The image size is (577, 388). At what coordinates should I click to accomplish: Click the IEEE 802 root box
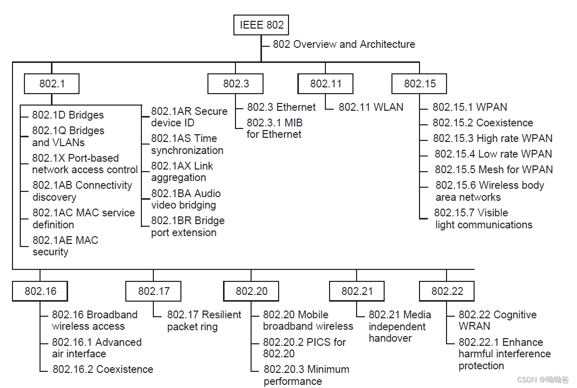coord(261,25)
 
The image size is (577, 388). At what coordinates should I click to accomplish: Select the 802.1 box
coord(52,84)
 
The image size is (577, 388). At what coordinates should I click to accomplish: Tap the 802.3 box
coord(235,84)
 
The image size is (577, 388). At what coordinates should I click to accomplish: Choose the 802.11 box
coord(326,84)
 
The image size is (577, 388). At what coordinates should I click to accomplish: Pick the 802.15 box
coord(419,84)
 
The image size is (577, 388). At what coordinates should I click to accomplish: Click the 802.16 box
coord(41,291)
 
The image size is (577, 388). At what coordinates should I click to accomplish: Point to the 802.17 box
coord(154,291)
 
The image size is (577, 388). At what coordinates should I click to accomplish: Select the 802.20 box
coord(252,291)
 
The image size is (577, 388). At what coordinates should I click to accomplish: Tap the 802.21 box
coord(357,291)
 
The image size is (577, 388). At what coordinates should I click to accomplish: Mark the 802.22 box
coord(447,291)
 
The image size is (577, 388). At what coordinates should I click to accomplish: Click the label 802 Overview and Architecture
coord(344,45)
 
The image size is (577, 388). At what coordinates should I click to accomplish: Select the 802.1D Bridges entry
coord(68,115)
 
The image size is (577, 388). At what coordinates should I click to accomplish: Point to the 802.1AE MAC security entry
coord(65,246)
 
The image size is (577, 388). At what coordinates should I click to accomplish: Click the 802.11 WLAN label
coord(371,107)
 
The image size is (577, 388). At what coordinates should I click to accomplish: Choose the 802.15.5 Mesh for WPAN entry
coord(494,170)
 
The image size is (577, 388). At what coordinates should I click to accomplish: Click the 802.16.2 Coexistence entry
coord(103,369)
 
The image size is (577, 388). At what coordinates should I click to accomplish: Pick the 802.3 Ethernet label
coord(281,107)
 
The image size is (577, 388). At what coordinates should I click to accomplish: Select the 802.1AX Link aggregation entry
coord(182,172)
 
